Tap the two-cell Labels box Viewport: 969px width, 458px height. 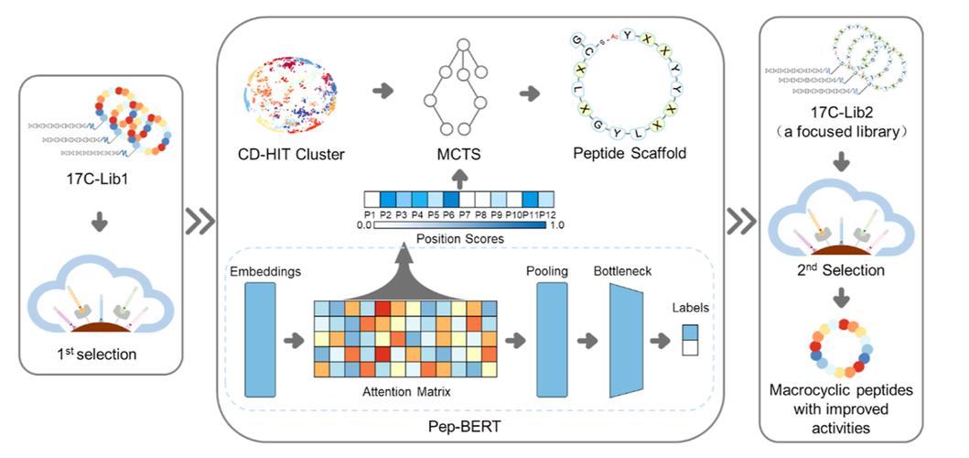click(690, 340)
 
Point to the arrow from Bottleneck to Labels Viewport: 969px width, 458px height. click(661, 341)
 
